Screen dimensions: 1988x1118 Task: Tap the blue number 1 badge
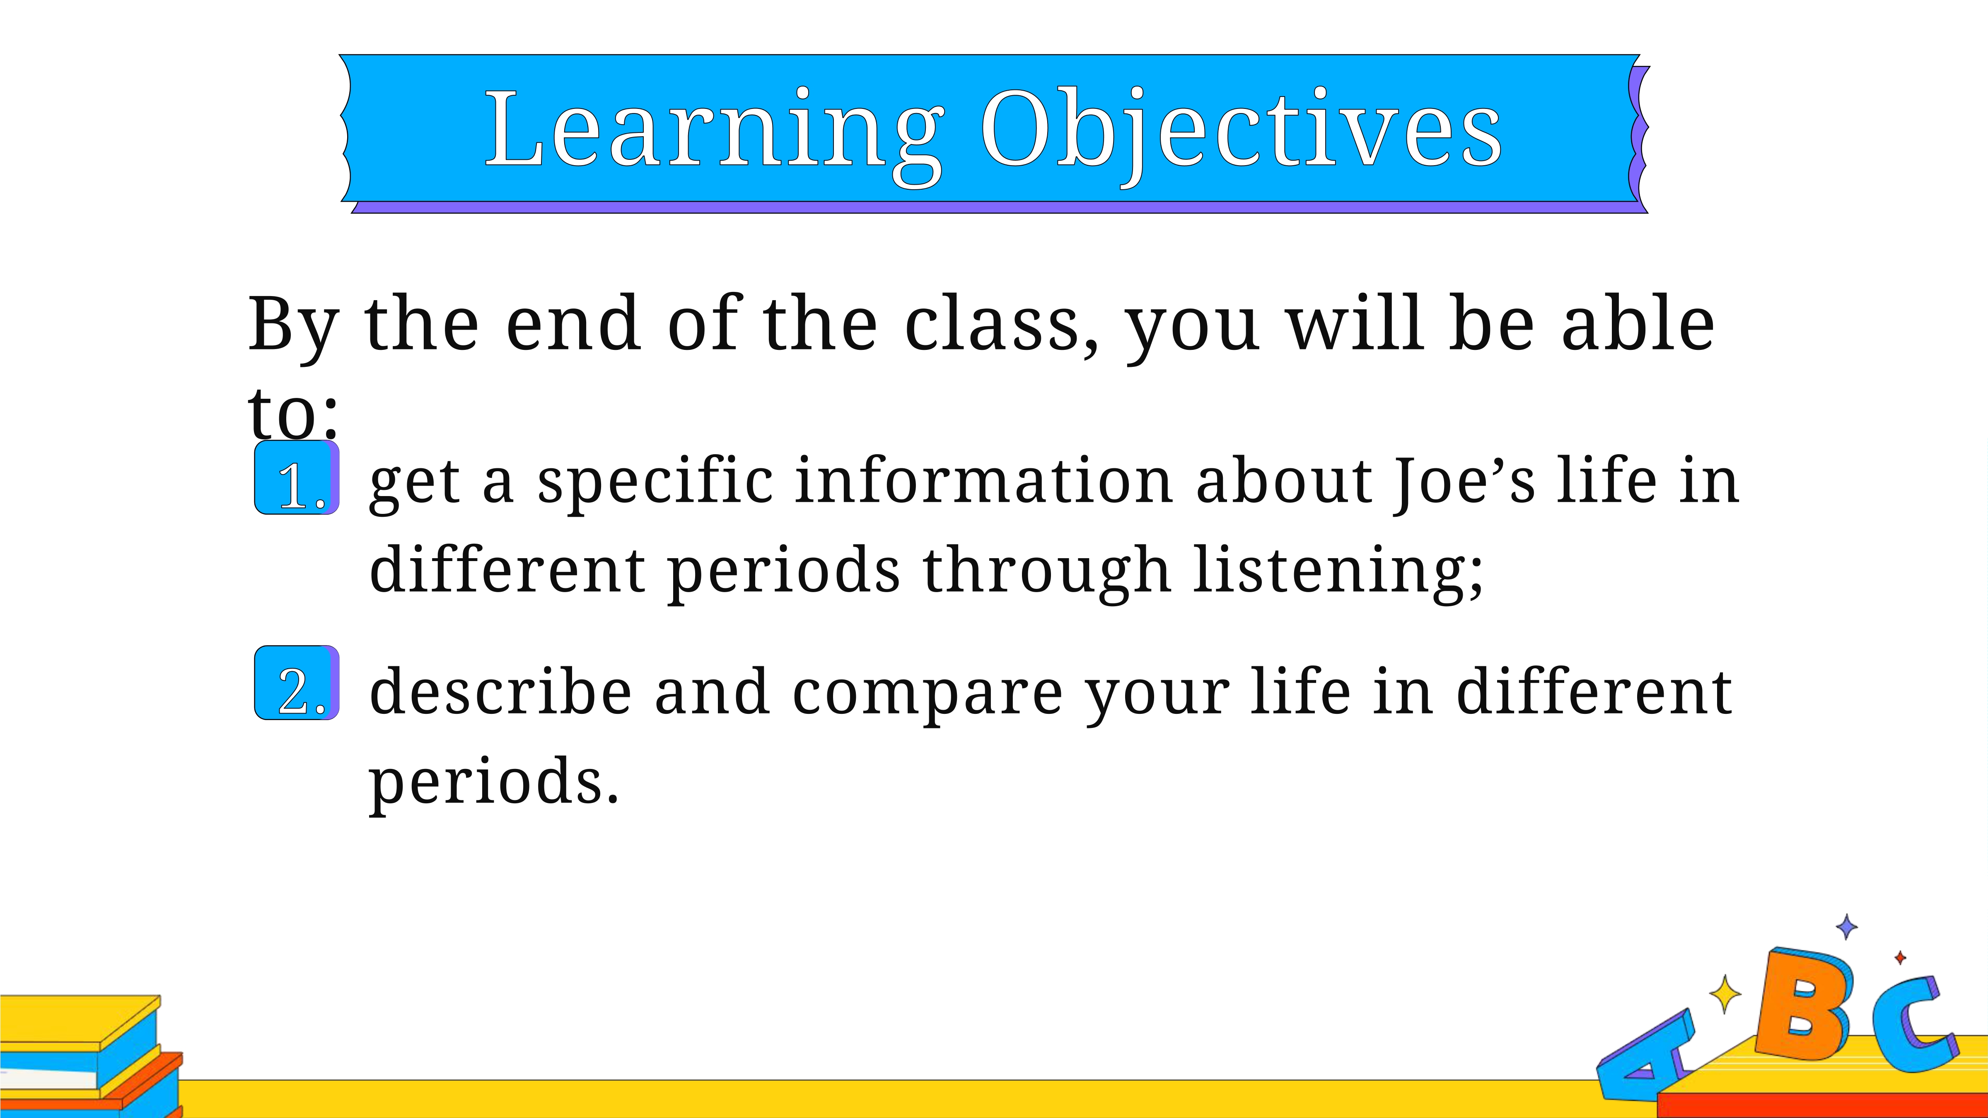[297, 477]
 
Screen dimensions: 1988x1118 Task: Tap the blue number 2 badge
[297, 683]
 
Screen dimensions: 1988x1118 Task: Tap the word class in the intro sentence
[1001, 324]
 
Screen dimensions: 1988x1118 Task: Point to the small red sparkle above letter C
[1900, 957]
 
